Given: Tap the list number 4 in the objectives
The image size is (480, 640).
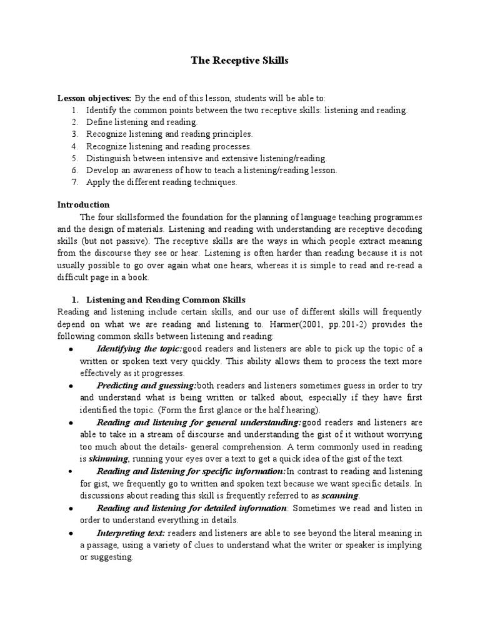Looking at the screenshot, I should click(74, 146).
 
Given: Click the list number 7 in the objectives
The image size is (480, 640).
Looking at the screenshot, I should click(74, 182).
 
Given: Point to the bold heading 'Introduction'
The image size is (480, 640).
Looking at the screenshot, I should click(84, 204).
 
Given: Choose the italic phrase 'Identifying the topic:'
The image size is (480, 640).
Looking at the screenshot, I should click(139, 348).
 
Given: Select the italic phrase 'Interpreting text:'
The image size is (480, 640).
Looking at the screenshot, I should click(131, 532).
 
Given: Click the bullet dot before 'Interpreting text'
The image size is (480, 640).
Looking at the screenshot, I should click(72, 533).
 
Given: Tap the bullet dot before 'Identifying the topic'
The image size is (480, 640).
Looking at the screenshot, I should click(72, 349).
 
